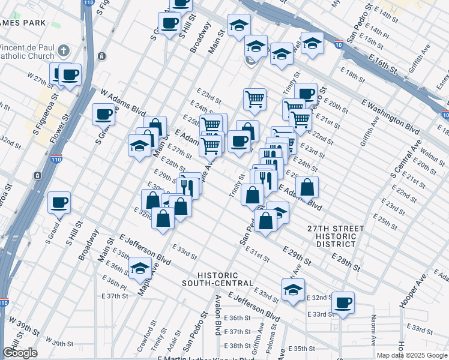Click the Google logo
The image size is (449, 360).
[x=19, y=353]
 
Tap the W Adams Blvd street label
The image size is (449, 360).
[x=123, y=103]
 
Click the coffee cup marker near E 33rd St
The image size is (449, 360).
[x=343, y=302]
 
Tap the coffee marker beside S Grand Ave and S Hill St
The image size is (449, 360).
[x=59, y=202]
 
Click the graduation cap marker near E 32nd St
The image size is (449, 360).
[x=293, y=289]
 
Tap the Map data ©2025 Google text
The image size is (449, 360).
[x=412, y=355]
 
